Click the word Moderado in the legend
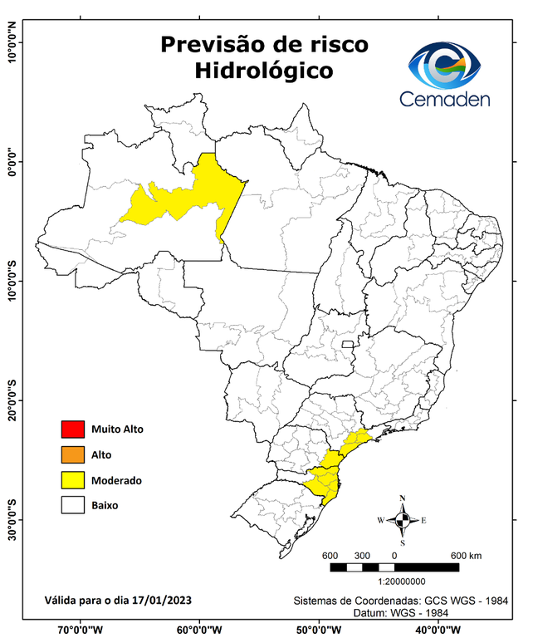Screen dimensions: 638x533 point(116,480)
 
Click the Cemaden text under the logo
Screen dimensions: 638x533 point(445,99)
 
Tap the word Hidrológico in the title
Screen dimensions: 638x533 point(264,71)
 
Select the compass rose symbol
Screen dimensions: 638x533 point(402,521)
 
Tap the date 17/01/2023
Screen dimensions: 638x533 point(164,599)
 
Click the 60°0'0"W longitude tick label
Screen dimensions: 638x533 point(200,629)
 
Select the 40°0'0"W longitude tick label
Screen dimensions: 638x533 point(438,629)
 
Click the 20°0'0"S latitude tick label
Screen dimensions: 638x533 point(12,401)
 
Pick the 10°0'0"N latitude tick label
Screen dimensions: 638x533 point(12,43)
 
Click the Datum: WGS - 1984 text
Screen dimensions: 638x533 point(407,612)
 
